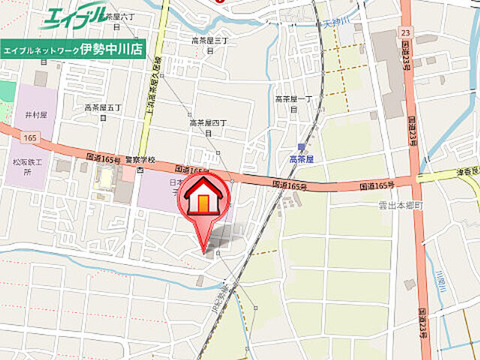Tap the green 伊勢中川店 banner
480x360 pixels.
coord(73,49)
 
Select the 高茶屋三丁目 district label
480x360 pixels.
coord(209,44)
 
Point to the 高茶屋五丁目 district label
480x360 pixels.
coord(104,112)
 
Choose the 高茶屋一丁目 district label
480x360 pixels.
coord(292,103)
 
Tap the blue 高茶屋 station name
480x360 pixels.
coord(302,159)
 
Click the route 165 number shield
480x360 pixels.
coord(29,138)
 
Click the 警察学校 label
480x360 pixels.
coord(140,159)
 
